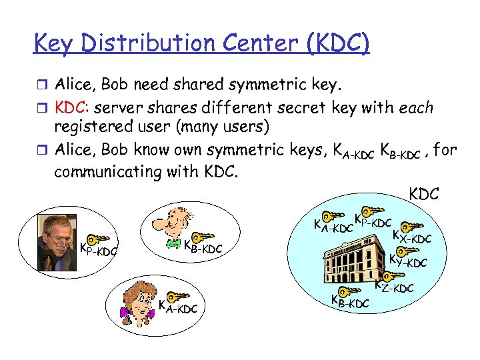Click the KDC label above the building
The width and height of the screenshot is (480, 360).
pyautogui.click(x=423, y=194)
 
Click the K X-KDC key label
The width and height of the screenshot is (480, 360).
pyautogui.click(x=411, y=235)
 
